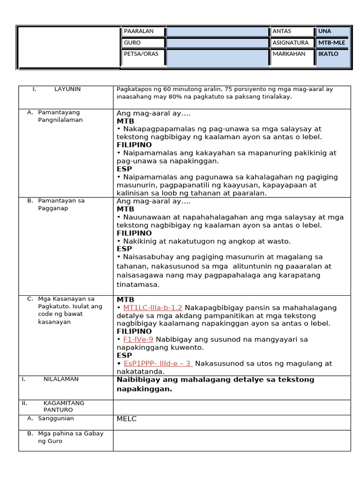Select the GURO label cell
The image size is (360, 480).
coord(132,43)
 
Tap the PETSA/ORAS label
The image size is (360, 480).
coord(141,54)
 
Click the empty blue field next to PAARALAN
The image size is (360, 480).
coord(217,31)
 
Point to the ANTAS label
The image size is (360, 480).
coord(282,31)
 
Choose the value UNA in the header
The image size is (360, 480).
coord(324,31)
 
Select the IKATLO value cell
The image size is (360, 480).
coord(328,54)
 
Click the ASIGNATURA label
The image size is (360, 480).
coord(291,43)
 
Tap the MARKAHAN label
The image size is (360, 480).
coord(289,54)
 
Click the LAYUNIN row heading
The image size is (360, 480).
coord(67,89)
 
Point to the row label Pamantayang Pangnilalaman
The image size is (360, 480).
coord(60,116)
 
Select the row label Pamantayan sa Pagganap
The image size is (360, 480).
coord(61,204)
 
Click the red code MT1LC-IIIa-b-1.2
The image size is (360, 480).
coord(152,308)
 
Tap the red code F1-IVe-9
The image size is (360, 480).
coord(138,339)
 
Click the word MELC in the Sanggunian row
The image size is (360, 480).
coord(127,419)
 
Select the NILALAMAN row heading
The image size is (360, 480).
coord(61,379)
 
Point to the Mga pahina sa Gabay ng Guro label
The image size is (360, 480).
coord(70,437)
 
